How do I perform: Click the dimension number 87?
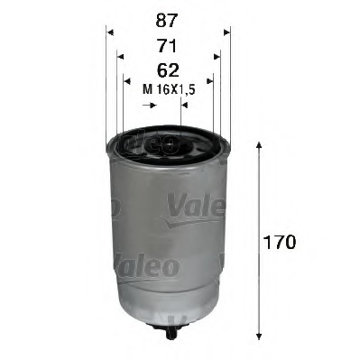point(167,21)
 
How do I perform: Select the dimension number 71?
point(167,46)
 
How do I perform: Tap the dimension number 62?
point(168,70)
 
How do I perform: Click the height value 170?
point(280,242)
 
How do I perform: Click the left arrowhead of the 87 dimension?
point(110,32)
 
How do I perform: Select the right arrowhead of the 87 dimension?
point(226,32)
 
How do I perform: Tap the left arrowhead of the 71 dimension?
point(120,57)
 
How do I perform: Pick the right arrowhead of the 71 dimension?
point(217,57)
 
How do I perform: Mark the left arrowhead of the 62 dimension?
point(127,81)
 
